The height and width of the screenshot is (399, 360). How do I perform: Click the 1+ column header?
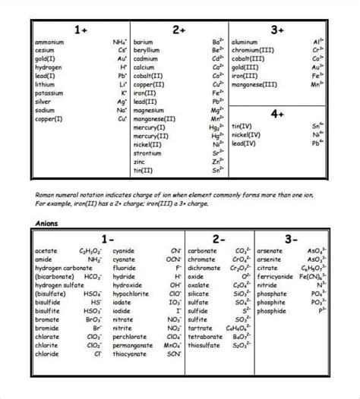click(x=81, y=29)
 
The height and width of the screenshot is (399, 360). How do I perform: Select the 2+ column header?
click(x=179, y=29)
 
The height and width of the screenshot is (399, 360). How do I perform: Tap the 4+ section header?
click(x=277, y=113)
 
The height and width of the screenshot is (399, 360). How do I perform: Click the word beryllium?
click(x=147, y=50)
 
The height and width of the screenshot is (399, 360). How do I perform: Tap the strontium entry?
click(x=147, y=152)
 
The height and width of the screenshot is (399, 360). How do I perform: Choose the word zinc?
click(x=139, y=162)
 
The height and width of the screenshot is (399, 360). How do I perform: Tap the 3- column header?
click(x=291, y=239)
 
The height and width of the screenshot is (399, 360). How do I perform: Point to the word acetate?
click(x=46, y=250)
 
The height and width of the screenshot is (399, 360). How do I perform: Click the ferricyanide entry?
click(x=275, y=277)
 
